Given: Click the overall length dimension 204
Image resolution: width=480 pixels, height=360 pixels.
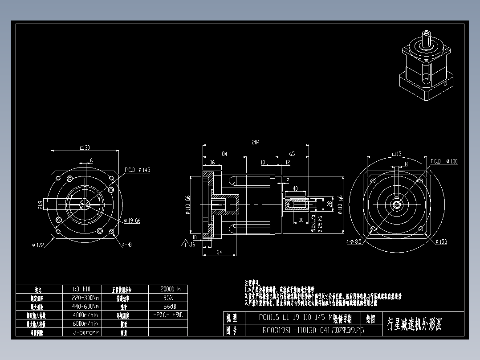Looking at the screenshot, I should tap(256, 142).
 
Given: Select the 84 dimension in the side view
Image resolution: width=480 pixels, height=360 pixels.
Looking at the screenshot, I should tap(224, 154).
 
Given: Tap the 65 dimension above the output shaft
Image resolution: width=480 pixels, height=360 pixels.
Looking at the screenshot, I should tap(292, 154).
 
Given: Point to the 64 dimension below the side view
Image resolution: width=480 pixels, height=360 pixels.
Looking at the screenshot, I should tap(219, 252).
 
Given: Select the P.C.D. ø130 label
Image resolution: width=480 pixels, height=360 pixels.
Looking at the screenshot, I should tap(444, 161).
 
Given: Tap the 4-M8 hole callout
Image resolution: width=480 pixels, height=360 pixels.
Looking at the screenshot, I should tap(127, 245).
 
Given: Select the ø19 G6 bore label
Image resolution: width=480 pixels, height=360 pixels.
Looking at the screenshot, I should tap(132, 221).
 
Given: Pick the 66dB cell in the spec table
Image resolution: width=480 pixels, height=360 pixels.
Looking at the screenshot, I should tap(168, 307).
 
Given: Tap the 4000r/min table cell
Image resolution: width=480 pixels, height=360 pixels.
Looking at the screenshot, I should tap(85, 315).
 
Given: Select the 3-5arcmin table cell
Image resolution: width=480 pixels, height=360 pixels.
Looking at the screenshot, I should tap(85, 332).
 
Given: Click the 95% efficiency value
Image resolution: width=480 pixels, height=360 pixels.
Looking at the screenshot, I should tap(168, 298).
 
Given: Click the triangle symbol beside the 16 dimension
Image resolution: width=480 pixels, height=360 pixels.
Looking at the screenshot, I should tap(184, 244).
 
